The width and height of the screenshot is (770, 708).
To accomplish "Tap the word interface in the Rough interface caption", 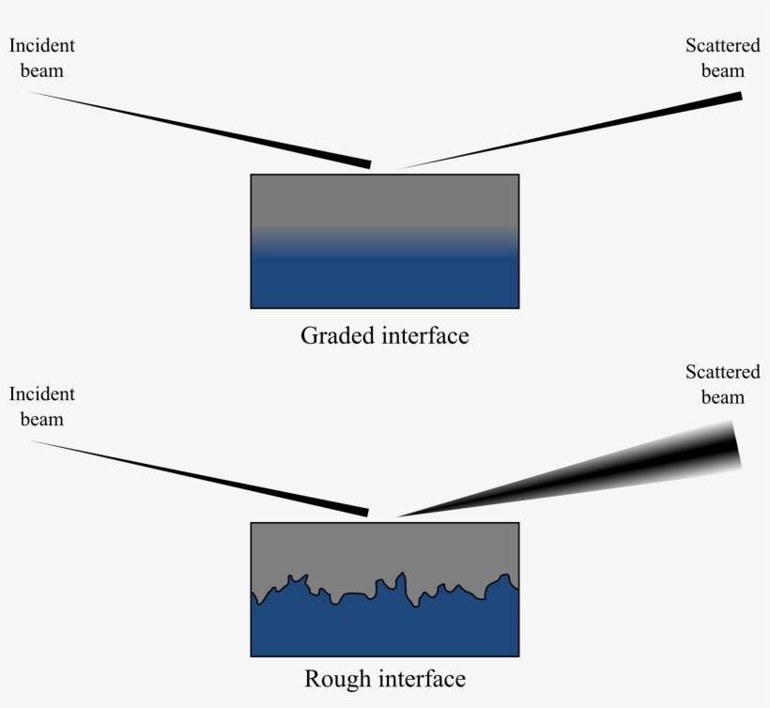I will coord(419,679).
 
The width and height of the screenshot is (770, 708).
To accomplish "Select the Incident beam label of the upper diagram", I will coord(41,57).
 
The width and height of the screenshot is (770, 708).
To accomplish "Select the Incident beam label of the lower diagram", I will coord(41,407).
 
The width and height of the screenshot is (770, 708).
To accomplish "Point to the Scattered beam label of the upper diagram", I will coord(722,57).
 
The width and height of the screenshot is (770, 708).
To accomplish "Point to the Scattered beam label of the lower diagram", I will coord(722,384).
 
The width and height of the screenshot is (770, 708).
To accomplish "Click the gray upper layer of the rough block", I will coord(384,549).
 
